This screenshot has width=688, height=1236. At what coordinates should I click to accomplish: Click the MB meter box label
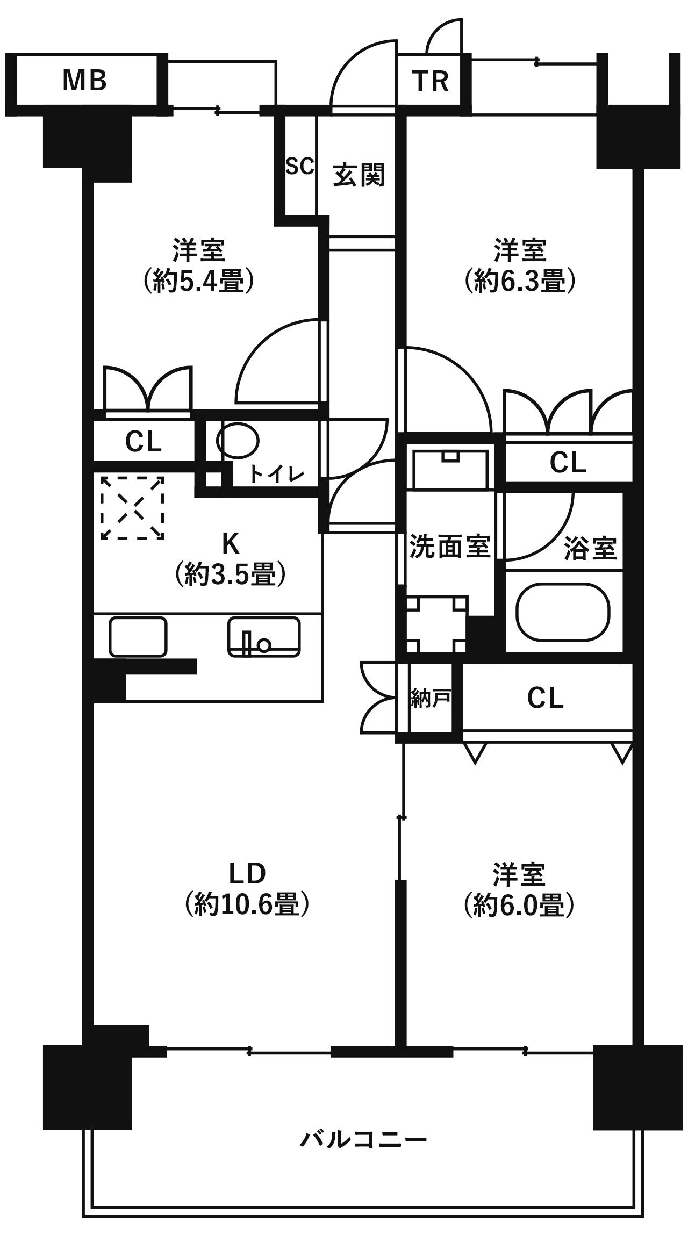(x=85, y=81)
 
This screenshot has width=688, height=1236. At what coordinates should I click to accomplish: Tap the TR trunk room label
(x=431, y=82)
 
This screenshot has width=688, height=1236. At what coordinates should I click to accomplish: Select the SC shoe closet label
(x=299, y=167)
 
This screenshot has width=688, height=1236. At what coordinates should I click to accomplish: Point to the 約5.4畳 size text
(x=198, y=281)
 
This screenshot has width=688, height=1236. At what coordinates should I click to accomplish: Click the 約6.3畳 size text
(x=520, y=281)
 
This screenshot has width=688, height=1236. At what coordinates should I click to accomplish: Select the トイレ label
(x=276, y=474)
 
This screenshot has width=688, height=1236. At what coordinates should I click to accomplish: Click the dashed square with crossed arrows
(x=132, y=507)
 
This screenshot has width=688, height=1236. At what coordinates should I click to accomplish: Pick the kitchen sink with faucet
(x=263, y=637)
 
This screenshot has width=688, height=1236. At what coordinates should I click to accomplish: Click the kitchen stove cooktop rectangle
(x=138, y=637)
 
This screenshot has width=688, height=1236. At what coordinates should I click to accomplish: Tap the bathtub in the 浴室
(x=563, y=613)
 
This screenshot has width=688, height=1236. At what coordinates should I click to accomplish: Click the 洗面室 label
(x=450, y=547)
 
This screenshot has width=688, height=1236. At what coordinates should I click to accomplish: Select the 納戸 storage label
(x=430, y=699)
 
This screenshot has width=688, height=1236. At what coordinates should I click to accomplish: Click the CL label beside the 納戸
(x=545, y=698)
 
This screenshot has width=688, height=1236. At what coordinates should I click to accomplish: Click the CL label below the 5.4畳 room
(x=143, y=442)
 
